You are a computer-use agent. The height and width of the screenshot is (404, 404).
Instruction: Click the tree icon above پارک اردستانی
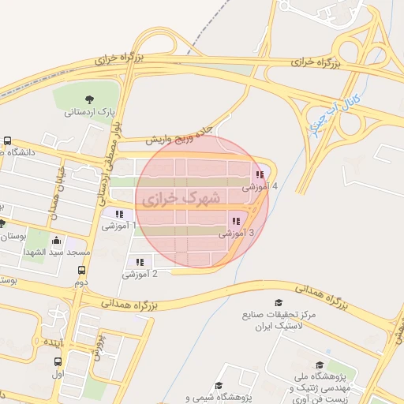pyautogui.click(x=88, y=99)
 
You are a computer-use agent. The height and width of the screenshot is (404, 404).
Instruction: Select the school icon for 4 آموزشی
pyautogui.click(x=260, y=175)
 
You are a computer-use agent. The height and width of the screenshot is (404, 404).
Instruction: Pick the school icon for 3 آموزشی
pyautogui.click(x=236, y=222)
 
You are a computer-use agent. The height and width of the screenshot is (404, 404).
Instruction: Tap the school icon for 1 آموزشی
pyautogui.click(x=119, y=214)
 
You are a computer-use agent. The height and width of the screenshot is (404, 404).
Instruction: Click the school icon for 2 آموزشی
pyautogui.click(x=140, y=262)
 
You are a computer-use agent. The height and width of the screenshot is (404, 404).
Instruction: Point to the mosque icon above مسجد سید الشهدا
pyautogui.click(x=55, y=241)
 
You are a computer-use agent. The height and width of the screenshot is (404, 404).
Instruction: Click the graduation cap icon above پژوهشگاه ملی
pyautogui.click(x=319, y=365)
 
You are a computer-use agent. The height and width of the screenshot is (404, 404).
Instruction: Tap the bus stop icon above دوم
pyautogui.click(x=81, y=271)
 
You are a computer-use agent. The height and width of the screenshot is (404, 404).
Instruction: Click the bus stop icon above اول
pyautogui.click(x=57, y=362)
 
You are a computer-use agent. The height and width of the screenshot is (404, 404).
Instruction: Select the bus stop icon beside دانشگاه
pyautogui.click(x=7, y=140)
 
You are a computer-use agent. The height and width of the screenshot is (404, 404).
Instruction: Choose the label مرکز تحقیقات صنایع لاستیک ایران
pyautogui.click(x=290, y=320)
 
